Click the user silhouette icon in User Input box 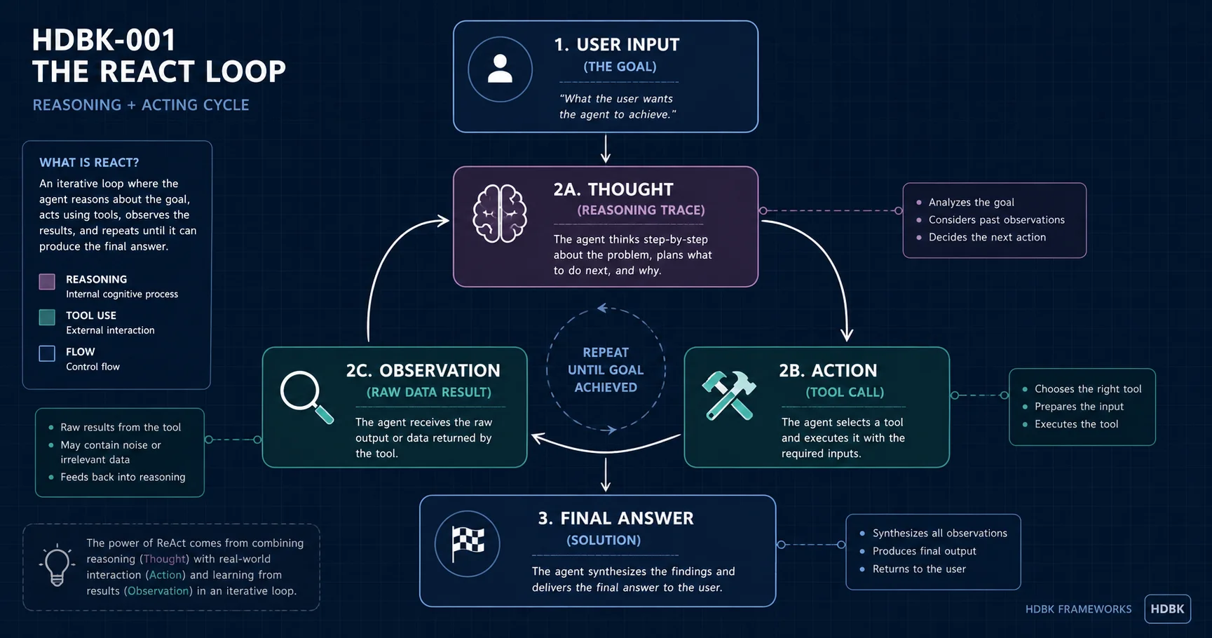point(500,69)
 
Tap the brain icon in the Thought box point(499,214)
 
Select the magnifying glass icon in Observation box point(306,397)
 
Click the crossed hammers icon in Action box point(729,395)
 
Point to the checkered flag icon point(468,544)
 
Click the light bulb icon point(57,564)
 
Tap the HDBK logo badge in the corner point(1167,609)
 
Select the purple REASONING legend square point(47,282)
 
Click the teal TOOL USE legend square point(47,318)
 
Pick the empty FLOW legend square point(47,353)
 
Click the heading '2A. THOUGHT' point(613,189)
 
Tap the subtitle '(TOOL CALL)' point(845,392)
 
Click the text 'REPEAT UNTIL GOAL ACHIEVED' point(606,369)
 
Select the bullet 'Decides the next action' point(987,237)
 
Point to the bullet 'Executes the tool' point(1076,424)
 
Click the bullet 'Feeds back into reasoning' point(123,477)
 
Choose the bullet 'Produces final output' point(924,551)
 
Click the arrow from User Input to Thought point(606,149)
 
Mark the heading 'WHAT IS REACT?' point(89,163)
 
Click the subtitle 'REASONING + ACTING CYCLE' point(141,105)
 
